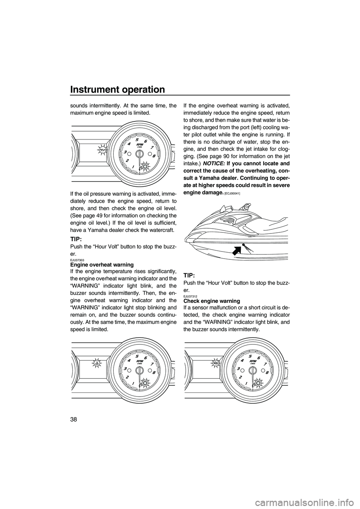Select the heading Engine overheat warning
point(102,265)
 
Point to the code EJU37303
point(76,260)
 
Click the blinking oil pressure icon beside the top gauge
point(102,150)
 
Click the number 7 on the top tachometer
point(151,147)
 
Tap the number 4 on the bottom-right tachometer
point(242,361)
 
